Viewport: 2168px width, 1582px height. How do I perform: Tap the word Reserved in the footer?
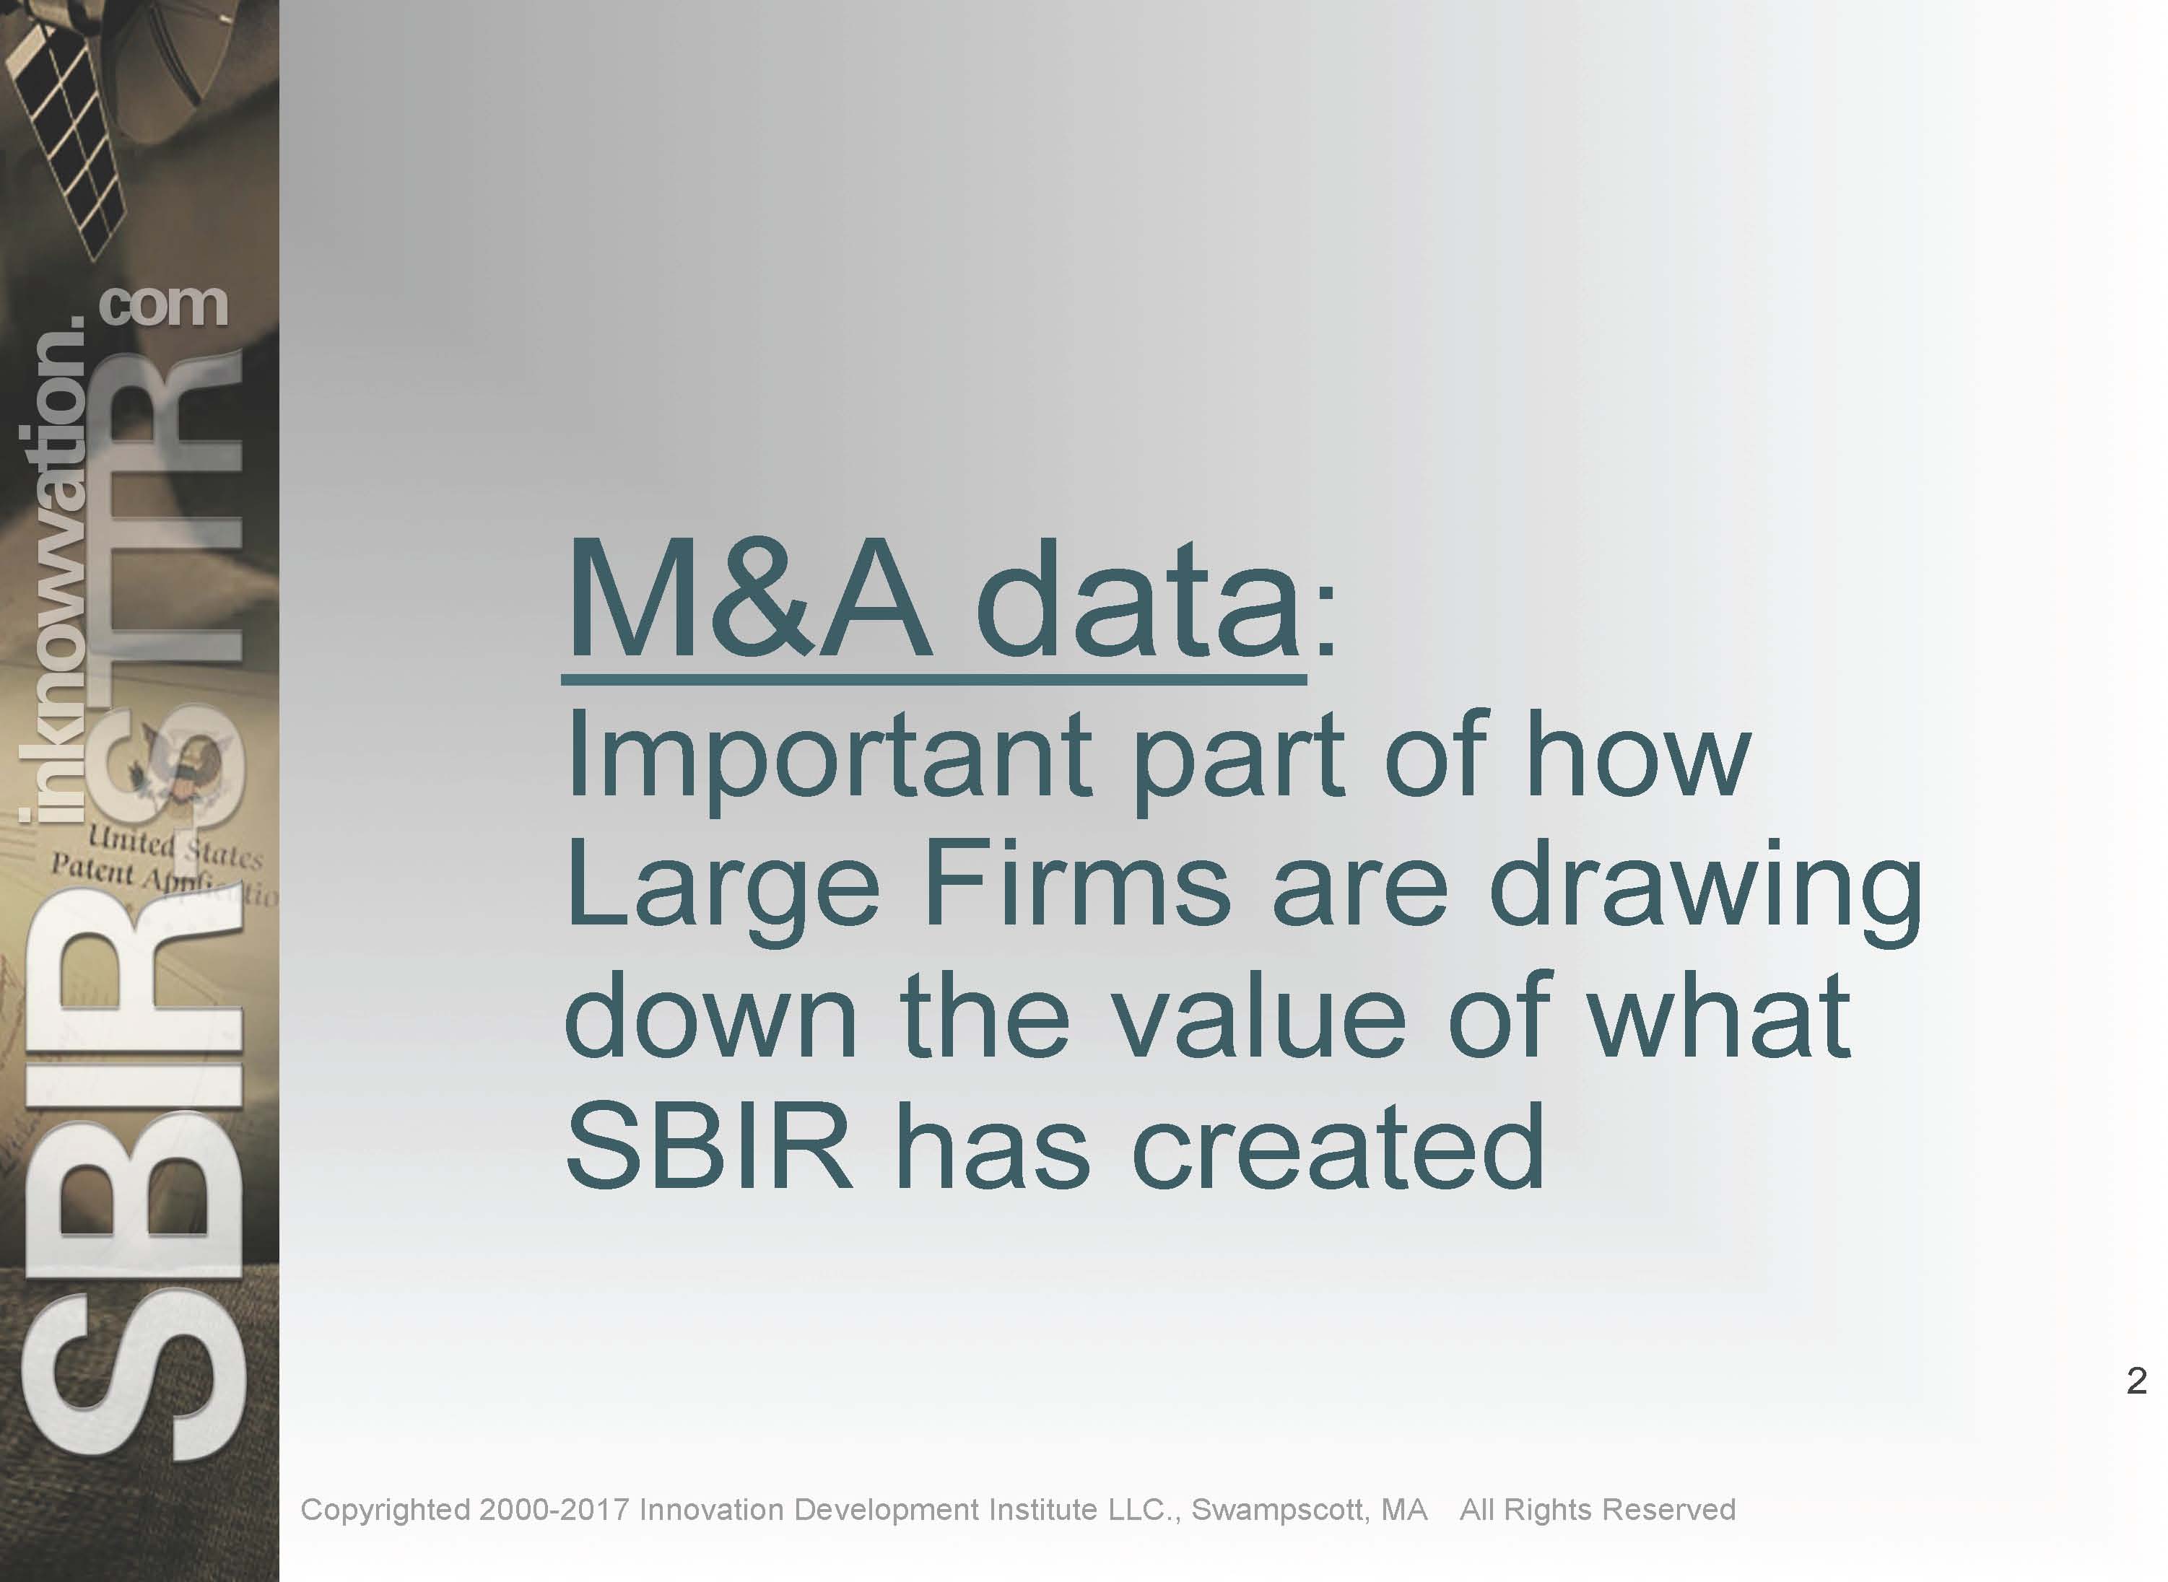click(x=1669, y=1510)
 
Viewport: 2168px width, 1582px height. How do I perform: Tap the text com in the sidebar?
click(x=163, y=305)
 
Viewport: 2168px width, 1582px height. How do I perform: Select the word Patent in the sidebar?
click(x=92, y=870)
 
